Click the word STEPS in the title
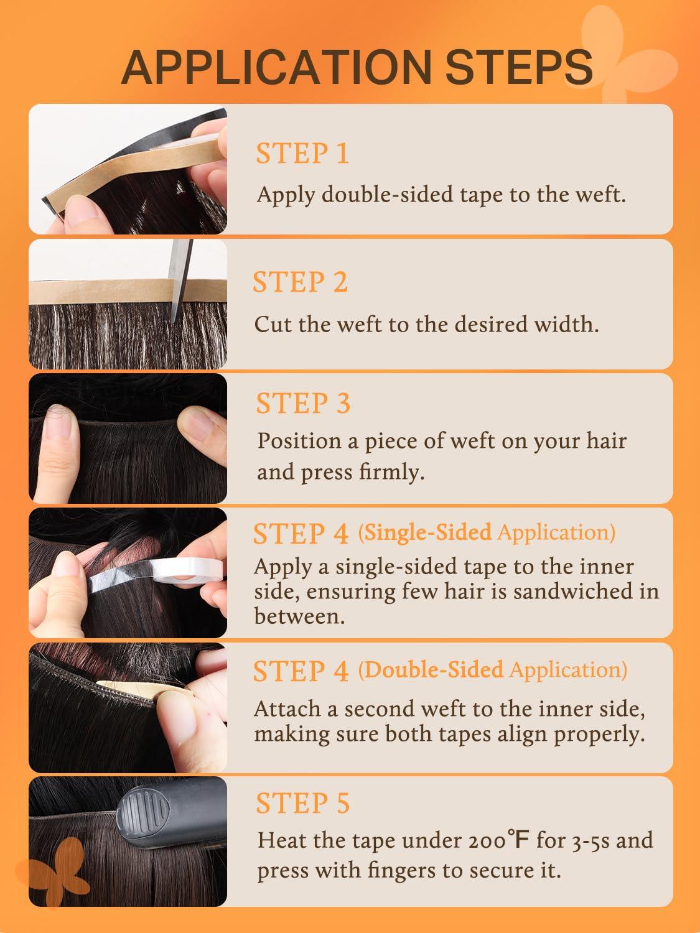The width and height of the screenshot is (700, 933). pyautogui.click(x=519, y=67)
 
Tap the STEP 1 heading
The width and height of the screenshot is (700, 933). pyautogui.click(x=302, y=153)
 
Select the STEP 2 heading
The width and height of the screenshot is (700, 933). pyautogui.click(x=301, y=282)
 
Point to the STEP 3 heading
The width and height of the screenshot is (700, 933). pyautogui.click(x=303, y=403)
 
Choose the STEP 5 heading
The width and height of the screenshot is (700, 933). pyautogui.click(x=302, y=803)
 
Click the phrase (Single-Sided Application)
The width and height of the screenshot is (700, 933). pyautogui.click(x=487, y=532)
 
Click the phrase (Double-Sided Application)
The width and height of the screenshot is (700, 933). pyautogui.click(x=493, y=670)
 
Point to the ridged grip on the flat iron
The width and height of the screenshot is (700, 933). pyautogui.click(x=142, y=813)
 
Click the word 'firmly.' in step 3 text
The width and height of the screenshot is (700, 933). pyautogui.click(x=392, y=472)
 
